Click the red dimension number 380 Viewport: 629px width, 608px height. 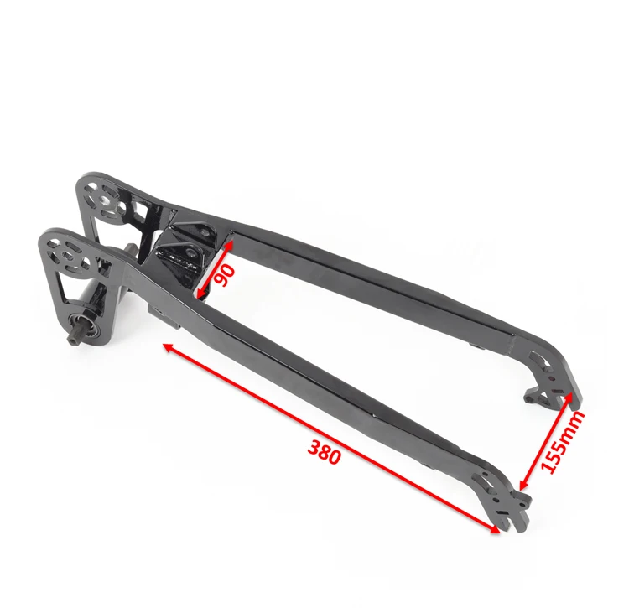click(x=324, y=451)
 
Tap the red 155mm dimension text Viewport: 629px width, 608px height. click(x=562, y=442)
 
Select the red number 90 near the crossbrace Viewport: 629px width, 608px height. click(x=225, y=275)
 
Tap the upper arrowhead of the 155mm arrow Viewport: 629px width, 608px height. click(x=569, y=398)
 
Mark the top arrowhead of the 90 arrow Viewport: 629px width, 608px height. click(x=230, y=244)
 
